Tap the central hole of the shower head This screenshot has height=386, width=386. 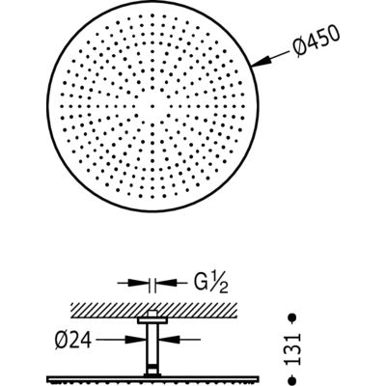pos(152,105)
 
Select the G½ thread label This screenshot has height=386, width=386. pos(210,283)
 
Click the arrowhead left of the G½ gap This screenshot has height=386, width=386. pos(139,283)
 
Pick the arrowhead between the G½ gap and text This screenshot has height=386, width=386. pos(166,283)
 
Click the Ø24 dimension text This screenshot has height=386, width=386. pos(73,340)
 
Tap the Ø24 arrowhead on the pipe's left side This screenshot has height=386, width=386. pos(136,339)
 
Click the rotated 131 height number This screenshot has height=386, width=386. pos(293,349)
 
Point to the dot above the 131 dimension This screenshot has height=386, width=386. pos(292,317)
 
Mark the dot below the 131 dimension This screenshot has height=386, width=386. pos(292,378)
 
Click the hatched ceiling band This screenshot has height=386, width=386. pos(154,310)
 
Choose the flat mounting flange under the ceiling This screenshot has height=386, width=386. pos(152,320)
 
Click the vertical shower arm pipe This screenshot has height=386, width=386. pos(153,349)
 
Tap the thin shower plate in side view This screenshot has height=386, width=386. pos(153,379)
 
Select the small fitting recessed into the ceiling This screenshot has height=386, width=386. pos(152,315)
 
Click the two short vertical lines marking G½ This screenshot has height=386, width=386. pos(152,286)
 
